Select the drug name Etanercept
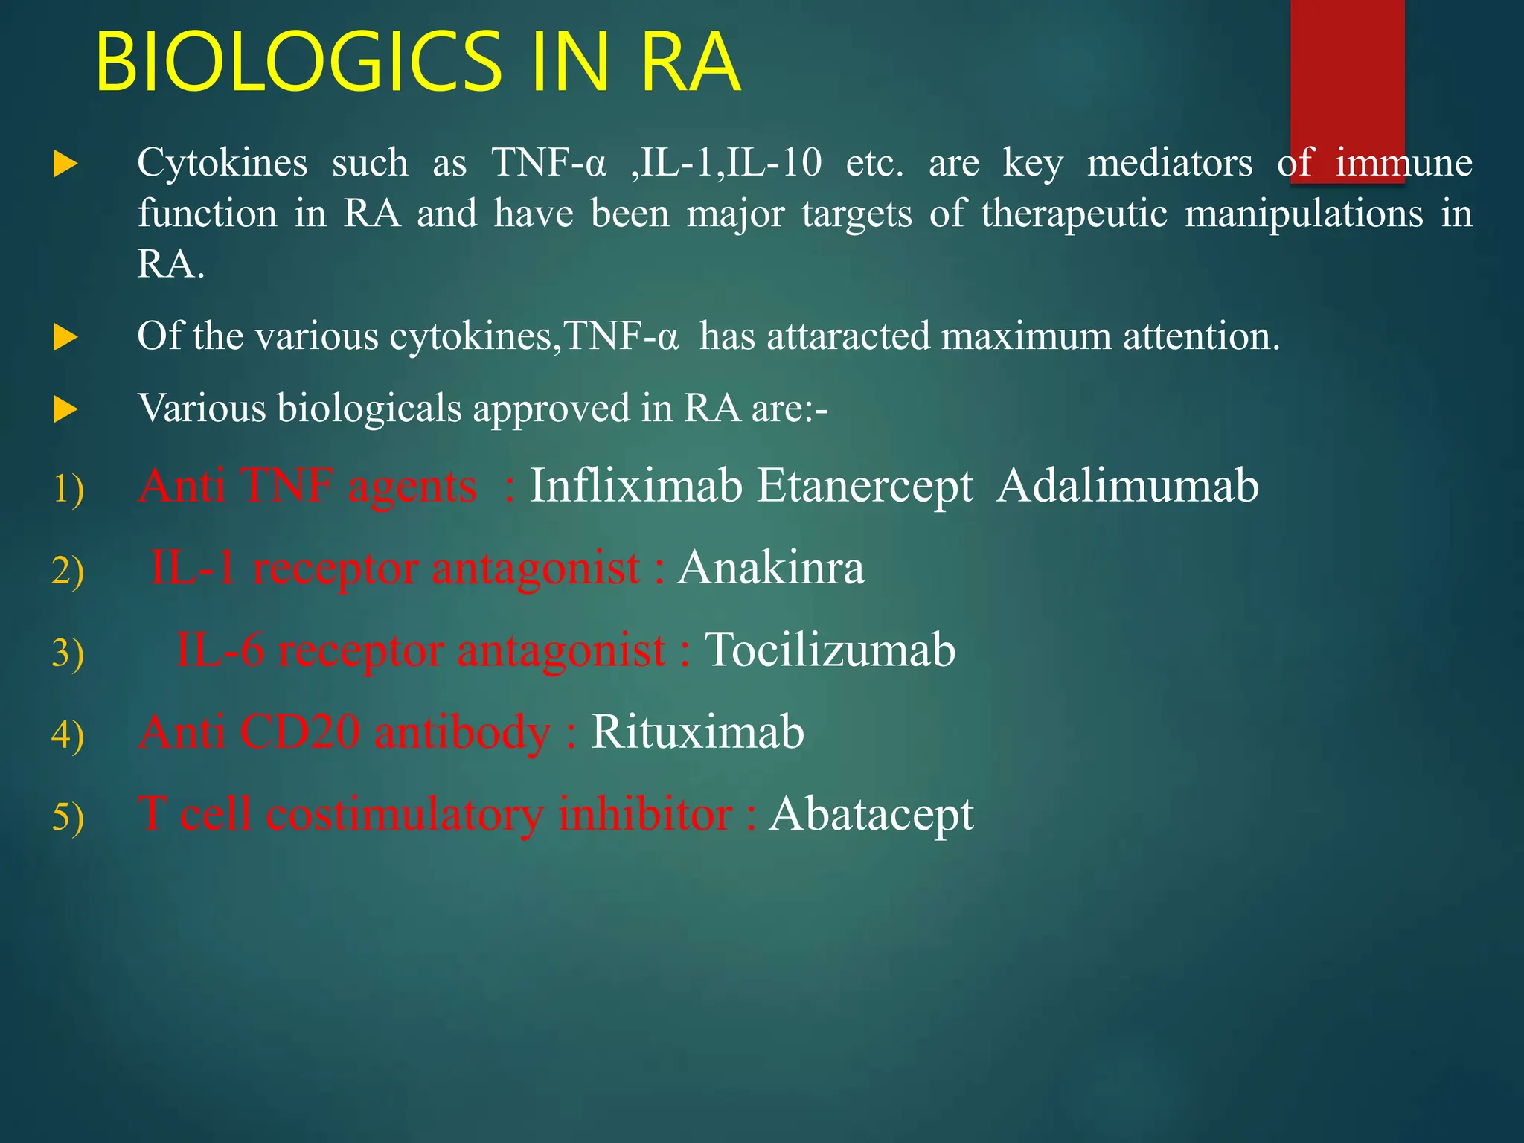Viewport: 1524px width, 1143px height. pos(865,487)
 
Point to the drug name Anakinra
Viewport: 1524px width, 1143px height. pos(771,568)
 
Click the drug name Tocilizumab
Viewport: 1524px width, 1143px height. pos(830,650)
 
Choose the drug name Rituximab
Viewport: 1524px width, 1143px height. pos(697,731)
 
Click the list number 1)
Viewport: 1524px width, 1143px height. pos(68,490)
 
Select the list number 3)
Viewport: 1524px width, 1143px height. pos(68,653)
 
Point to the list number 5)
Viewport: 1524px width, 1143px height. pos(68,817)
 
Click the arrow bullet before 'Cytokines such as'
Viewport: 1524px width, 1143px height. pos(65,164)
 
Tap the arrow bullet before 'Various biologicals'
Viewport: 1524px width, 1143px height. pos(65,409)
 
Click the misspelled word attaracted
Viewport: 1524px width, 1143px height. pos(848,336)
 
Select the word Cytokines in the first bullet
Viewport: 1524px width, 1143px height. pos(222,163)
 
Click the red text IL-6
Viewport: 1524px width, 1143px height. pos(220,650)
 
